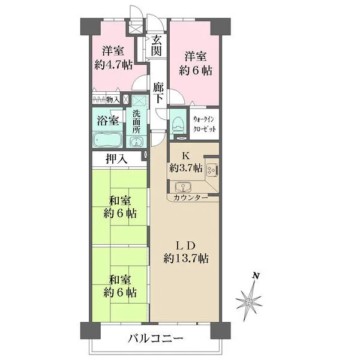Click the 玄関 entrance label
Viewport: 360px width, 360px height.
[157, 46]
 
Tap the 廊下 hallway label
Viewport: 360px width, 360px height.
[158, 92]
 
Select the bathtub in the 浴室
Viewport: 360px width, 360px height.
[107, 139]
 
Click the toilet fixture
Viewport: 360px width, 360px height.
[178, 125]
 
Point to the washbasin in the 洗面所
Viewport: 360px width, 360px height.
[136, 142]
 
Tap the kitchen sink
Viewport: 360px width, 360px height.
[183, 187]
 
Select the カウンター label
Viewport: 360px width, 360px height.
[190, 197]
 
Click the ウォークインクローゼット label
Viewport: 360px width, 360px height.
[204, 124]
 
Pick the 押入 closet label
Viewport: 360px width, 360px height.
[116, 158]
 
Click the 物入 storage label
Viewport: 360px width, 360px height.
[113, 100]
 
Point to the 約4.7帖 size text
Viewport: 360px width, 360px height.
[113, 65]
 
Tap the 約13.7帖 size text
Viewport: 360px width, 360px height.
[186, 259]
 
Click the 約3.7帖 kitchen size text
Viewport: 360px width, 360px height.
[186, 168]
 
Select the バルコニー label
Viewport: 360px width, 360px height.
[155, 338]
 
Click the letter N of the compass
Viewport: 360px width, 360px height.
[256, 275]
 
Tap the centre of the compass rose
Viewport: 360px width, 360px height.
[248, 302]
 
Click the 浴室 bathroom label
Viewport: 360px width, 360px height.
[107, 121]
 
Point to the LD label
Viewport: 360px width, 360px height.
[186, 245]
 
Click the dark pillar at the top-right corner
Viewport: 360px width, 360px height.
[221, 26]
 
